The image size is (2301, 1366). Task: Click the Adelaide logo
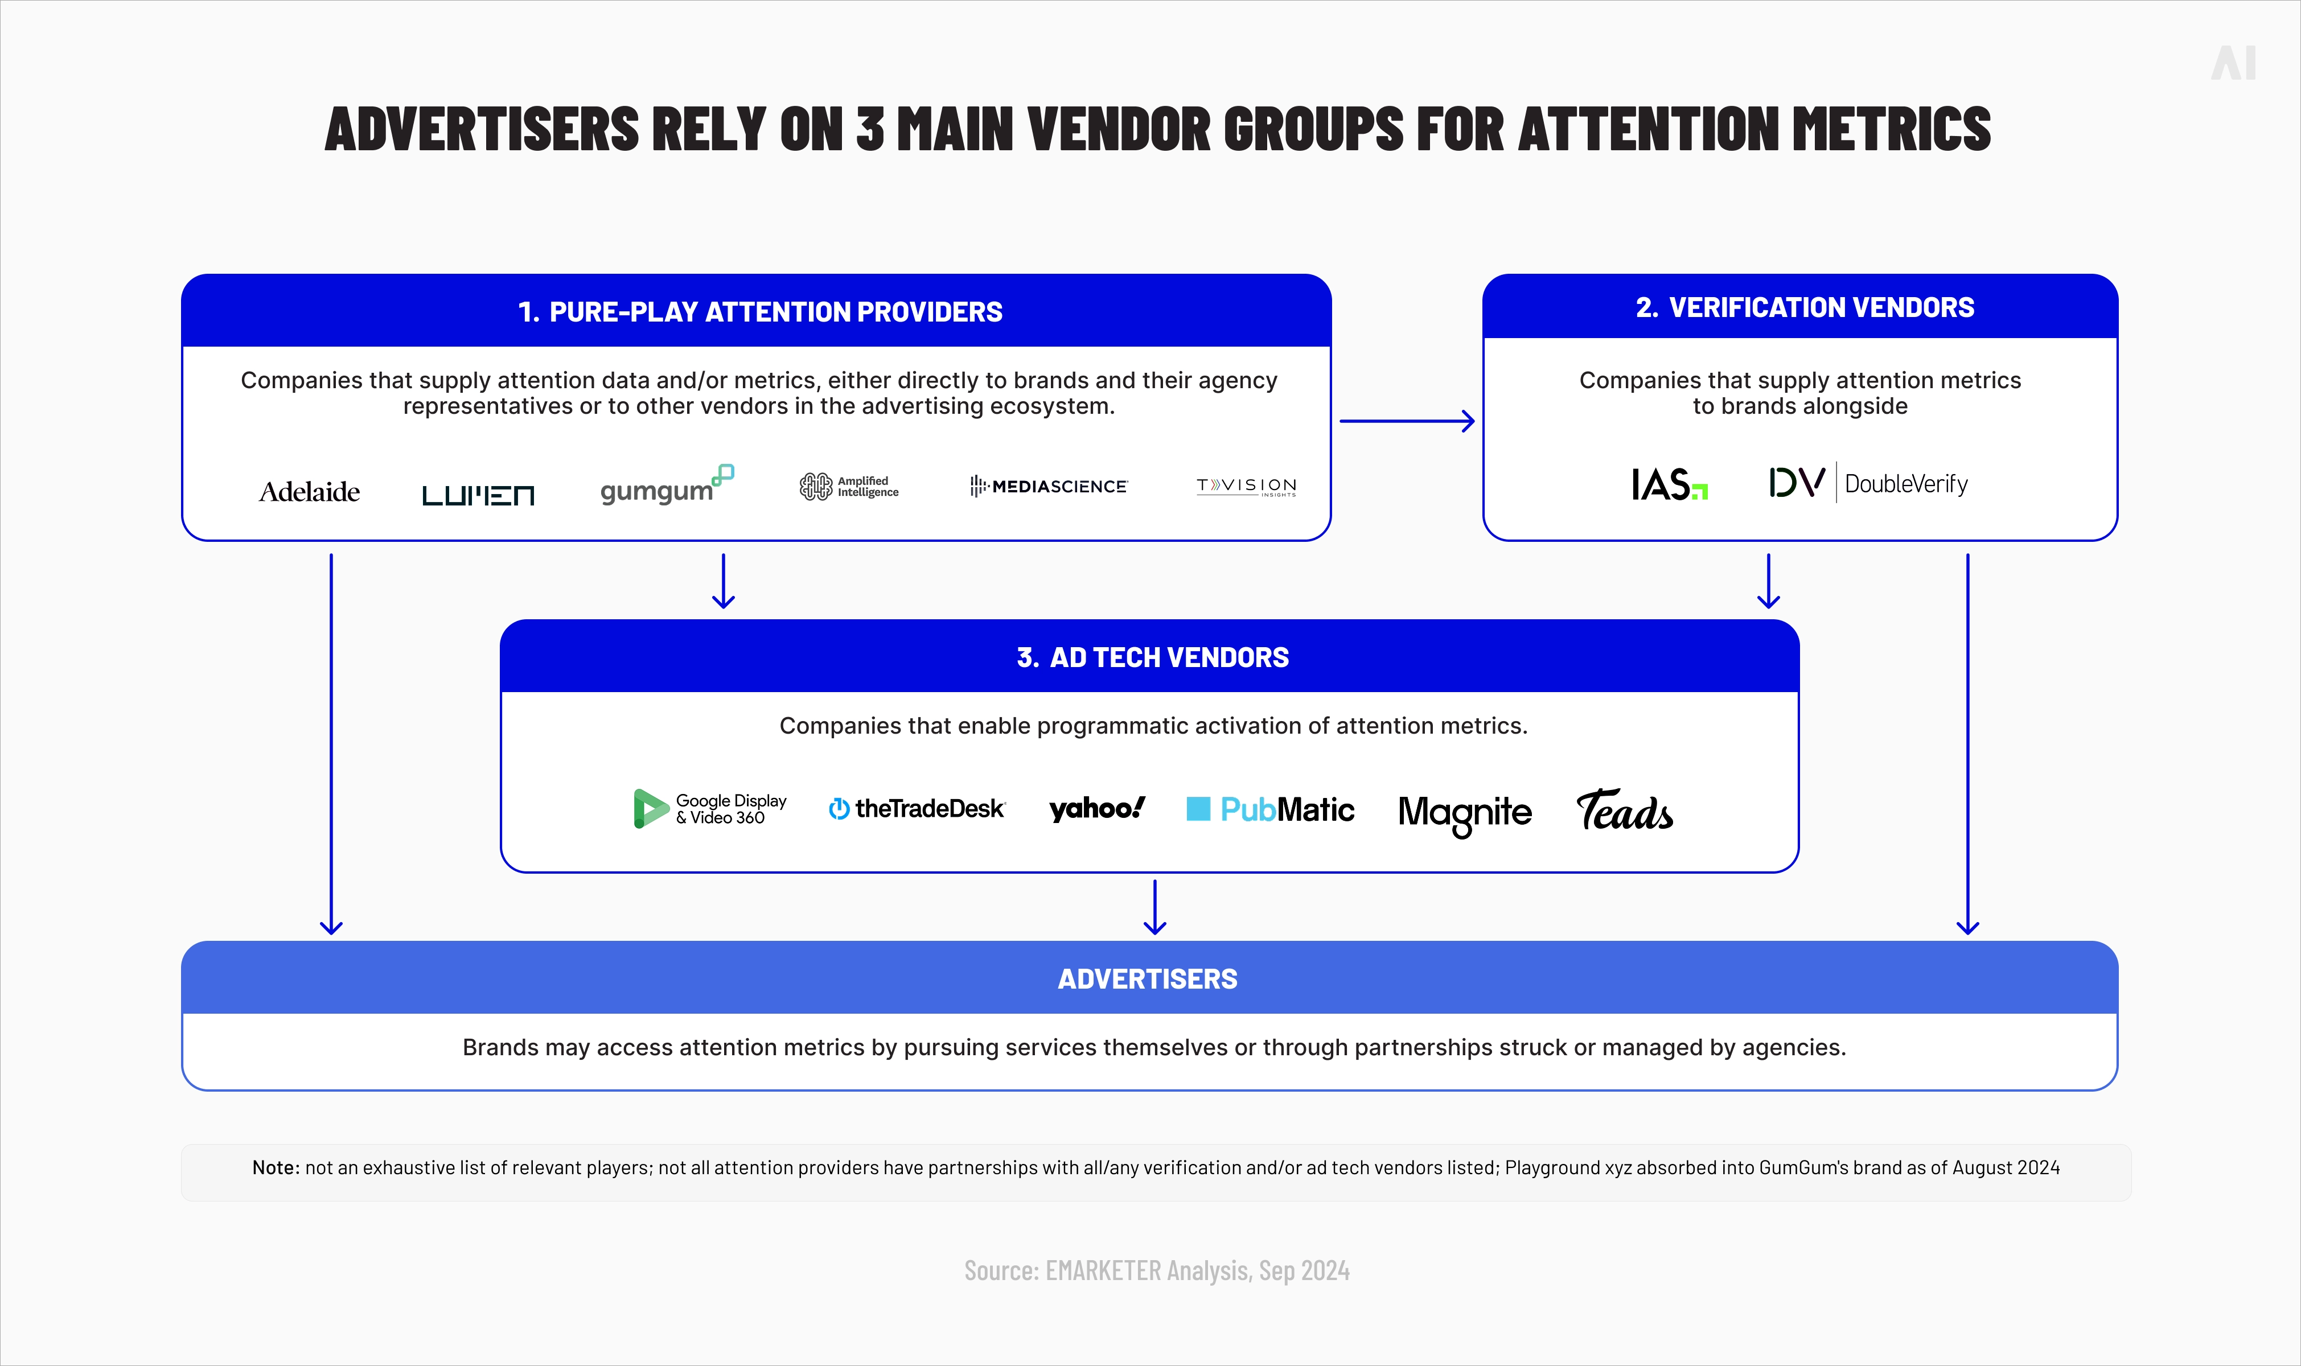pos(309,492)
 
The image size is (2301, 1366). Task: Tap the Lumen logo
pos(478,495)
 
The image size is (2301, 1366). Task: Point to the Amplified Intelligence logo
pos(849,486)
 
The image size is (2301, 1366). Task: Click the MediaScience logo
pos(1049,486)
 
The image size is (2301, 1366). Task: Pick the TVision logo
pos(1246,486)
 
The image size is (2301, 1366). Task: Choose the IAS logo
pos(1669,484)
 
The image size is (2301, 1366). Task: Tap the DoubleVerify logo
pos(1868,482)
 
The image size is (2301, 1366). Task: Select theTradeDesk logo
pos(917,808)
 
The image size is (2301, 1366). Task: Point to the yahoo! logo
pos(1097,808)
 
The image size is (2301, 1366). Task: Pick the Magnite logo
pos(1464,812)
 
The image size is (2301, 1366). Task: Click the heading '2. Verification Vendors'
pos(1804,307)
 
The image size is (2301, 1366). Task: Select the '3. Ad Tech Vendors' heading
pos(1152,657)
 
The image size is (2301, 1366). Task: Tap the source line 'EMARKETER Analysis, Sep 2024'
pos(1157,1270)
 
